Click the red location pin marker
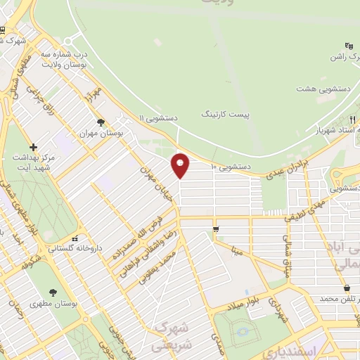coord(181,165)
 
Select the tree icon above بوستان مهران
coord(101,122)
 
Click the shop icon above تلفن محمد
coord(347,288)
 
